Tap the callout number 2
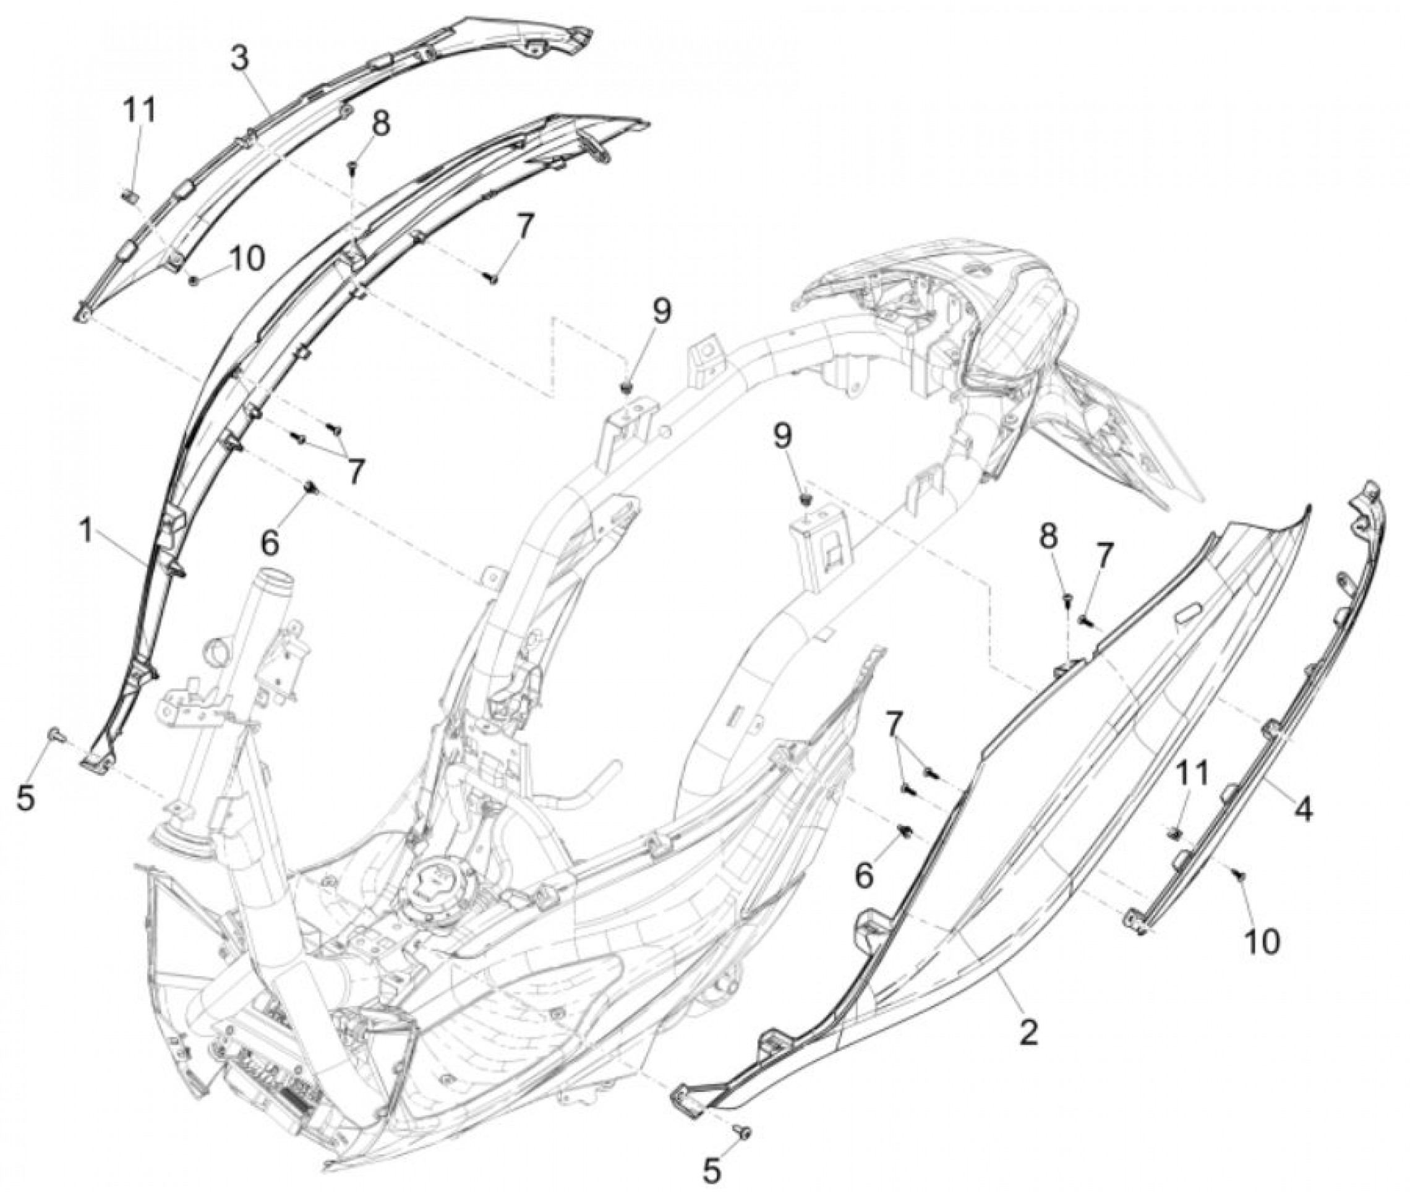point(1027,1032)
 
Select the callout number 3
point(240,60)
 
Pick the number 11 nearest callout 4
point(1195,775)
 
